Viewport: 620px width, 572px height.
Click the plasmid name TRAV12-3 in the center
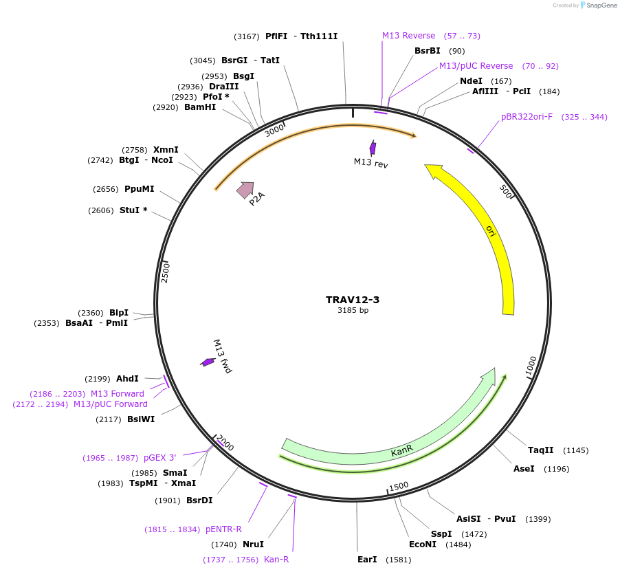tap(353, 300)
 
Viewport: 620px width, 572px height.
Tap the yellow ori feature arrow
tap(490, 230)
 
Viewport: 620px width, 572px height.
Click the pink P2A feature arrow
tap(245, 189)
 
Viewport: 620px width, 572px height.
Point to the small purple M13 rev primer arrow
tap(373, 148)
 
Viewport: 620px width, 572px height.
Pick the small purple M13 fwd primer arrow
tap(208, 362)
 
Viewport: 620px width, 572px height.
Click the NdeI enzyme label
tap(471, 81)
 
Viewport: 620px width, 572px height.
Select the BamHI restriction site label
tap(200, 107)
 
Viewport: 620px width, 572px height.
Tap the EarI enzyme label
tap(367, 560)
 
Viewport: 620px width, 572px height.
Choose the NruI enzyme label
tap(253, 544)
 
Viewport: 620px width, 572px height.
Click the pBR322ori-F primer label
tap(527, 117)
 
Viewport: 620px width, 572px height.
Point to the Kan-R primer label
tap(276, 560)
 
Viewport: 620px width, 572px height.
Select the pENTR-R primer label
tap(223, 529)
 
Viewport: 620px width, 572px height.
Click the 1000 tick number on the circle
tap(531, 366)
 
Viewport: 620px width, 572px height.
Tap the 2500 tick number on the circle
tap(165, 272)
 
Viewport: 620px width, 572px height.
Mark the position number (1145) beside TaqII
tap(575, 450)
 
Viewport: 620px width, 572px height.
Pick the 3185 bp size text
tap(353, 311)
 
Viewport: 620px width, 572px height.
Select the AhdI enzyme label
tap(127, 379)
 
